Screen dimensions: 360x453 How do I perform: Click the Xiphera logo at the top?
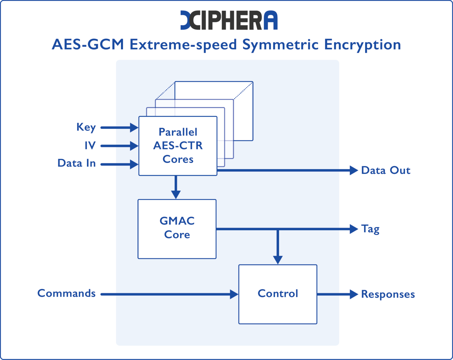[229, 20]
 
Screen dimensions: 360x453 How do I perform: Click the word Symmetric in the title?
[280, 45]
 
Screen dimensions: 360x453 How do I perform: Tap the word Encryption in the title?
[362, 45]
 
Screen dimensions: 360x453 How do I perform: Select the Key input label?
[86, 127]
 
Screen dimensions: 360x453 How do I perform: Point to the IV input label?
[90, 145]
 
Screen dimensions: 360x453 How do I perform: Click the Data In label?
[77, 163]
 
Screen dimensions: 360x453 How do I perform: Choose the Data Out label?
[385, 170]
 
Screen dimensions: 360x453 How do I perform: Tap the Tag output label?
[370, 229]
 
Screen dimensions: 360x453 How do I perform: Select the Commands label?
[66, 293]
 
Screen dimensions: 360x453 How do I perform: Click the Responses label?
[388, 294]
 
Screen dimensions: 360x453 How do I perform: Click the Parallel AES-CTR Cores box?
[178, 146]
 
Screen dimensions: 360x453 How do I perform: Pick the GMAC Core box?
[177, 229]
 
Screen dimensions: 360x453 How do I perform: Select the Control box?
[278, 294]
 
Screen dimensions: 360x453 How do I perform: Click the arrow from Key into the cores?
[119, 128]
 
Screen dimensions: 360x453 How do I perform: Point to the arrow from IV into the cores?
[119, 146]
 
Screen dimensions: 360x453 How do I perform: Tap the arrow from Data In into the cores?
[119, 164]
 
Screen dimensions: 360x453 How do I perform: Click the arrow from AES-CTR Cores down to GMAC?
[176, 187]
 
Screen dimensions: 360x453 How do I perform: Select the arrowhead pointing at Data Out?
[354, 170]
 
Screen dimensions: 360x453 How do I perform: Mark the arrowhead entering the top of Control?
[278, 259]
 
